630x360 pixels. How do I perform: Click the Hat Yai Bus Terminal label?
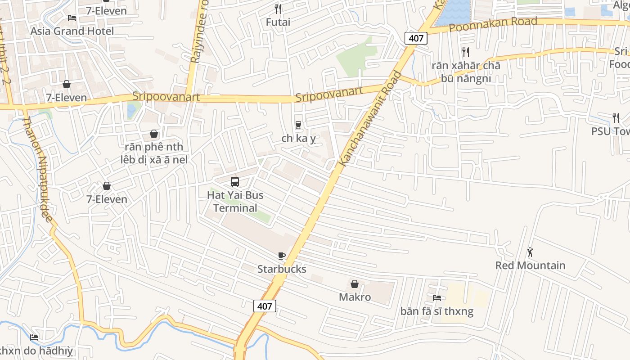point(235,202)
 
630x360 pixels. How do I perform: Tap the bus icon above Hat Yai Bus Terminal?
point(235,182)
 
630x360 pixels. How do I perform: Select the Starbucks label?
point(282,269)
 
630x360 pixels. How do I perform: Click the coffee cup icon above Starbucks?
point(282,256)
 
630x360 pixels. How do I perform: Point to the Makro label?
point(355,297)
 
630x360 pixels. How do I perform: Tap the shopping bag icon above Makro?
point(355,284)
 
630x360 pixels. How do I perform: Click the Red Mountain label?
point(530,265)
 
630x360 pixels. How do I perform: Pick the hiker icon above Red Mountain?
point(530,252)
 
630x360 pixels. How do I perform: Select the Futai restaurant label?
point(278,22)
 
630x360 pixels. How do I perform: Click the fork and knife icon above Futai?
point(278,9)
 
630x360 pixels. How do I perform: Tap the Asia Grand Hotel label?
point(72,31)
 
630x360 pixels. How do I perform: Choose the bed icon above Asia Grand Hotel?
point(72,18)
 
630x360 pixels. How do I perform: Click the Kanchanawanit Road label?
point(370,119)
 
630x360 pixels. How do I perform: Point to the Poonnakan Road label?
point(493,24)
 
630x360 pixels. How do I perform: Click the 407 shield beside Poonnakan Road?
point(416,38)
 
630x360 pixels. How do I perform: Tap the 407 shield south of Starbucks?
point(265,306)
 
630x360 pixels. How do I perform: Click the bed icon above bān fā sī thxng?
point(436,298)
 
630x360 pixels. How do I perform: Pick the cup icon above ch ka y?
point(298,125)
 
